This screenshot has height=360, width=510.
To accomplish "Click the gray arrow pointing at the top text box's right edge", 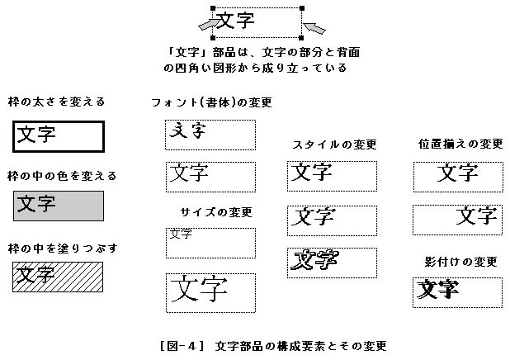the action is (x=314, y=28).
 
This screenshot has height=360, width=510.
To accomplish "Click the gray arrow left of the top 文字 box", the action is (x=209, y=24).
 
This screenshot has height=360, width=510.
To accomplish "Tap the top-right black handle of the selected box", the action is (x=302, y=8).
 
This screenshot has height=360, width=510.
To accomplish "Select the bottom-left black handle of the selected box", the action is (x=213, y=38).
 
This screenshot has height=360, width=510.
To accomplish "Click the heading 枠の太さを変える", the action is (x=57, y=102).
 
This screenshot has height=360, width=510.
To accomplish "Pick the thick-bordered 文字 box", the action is (x=59, y=136).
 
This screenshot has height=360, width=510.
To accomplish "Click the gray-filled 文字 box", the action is (x=59, y=206).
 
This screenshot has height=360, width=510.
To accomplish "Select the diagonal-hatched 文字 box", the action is (x=58, y=277).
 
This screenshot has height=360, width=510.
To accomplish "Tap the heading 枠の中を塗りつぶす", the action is (x=63, y=249).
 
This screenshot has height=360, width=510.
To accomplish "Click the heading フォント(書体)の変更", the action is (x=211, y=102).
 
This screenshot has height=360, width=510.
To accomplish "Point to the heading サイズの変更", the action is (x=216, y=212).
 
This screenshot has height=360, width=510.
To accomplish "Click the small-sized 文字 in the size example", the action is (x=181, y=234).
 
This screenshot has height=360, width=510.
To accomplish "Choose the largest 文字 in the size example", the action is (x=199, y=288).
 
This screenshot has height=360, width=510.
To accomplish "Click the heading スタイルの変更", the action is (x=334, y=144).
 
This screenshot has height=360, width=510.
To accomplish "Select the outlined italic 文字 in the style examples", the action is (x=314, y=260).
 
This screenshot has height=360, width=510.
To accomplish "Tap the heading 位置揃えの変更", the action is (x=460, y=144).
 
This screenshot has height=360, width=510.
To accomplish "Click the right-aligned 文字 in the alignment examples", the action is (x=476, y=216).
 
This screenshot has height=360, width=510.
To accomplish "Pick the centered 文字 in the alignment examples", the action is (x=457, y=173).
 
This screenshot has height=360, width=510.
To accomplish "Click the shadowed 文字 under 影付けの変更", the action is (x=438, y=289).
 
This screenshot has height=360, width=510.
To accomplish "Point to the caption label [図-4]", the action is (x=182, y=346).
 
